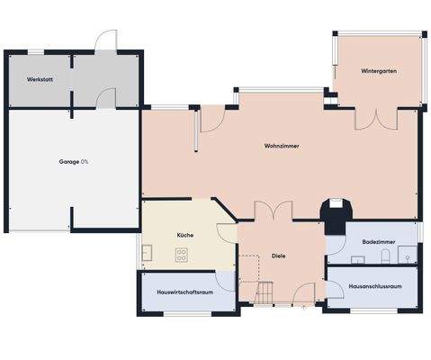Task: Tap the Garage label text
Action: point(74,162)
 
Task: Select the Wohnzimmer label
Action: point(282,145)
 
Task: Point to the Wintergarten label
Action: point(379,70)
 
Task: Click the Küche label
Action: point(185,235)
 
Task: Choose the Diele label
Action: point(278,256)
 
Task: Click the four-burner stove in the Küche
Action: point(181,255)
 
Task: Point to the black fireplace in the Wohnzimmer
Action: point(336,212)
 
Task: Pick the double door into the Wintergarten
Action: point(376,119)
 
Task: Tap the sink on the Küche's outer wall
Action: point(148,255)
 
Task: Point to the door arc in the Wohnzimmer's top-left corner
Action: point(211,120)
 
